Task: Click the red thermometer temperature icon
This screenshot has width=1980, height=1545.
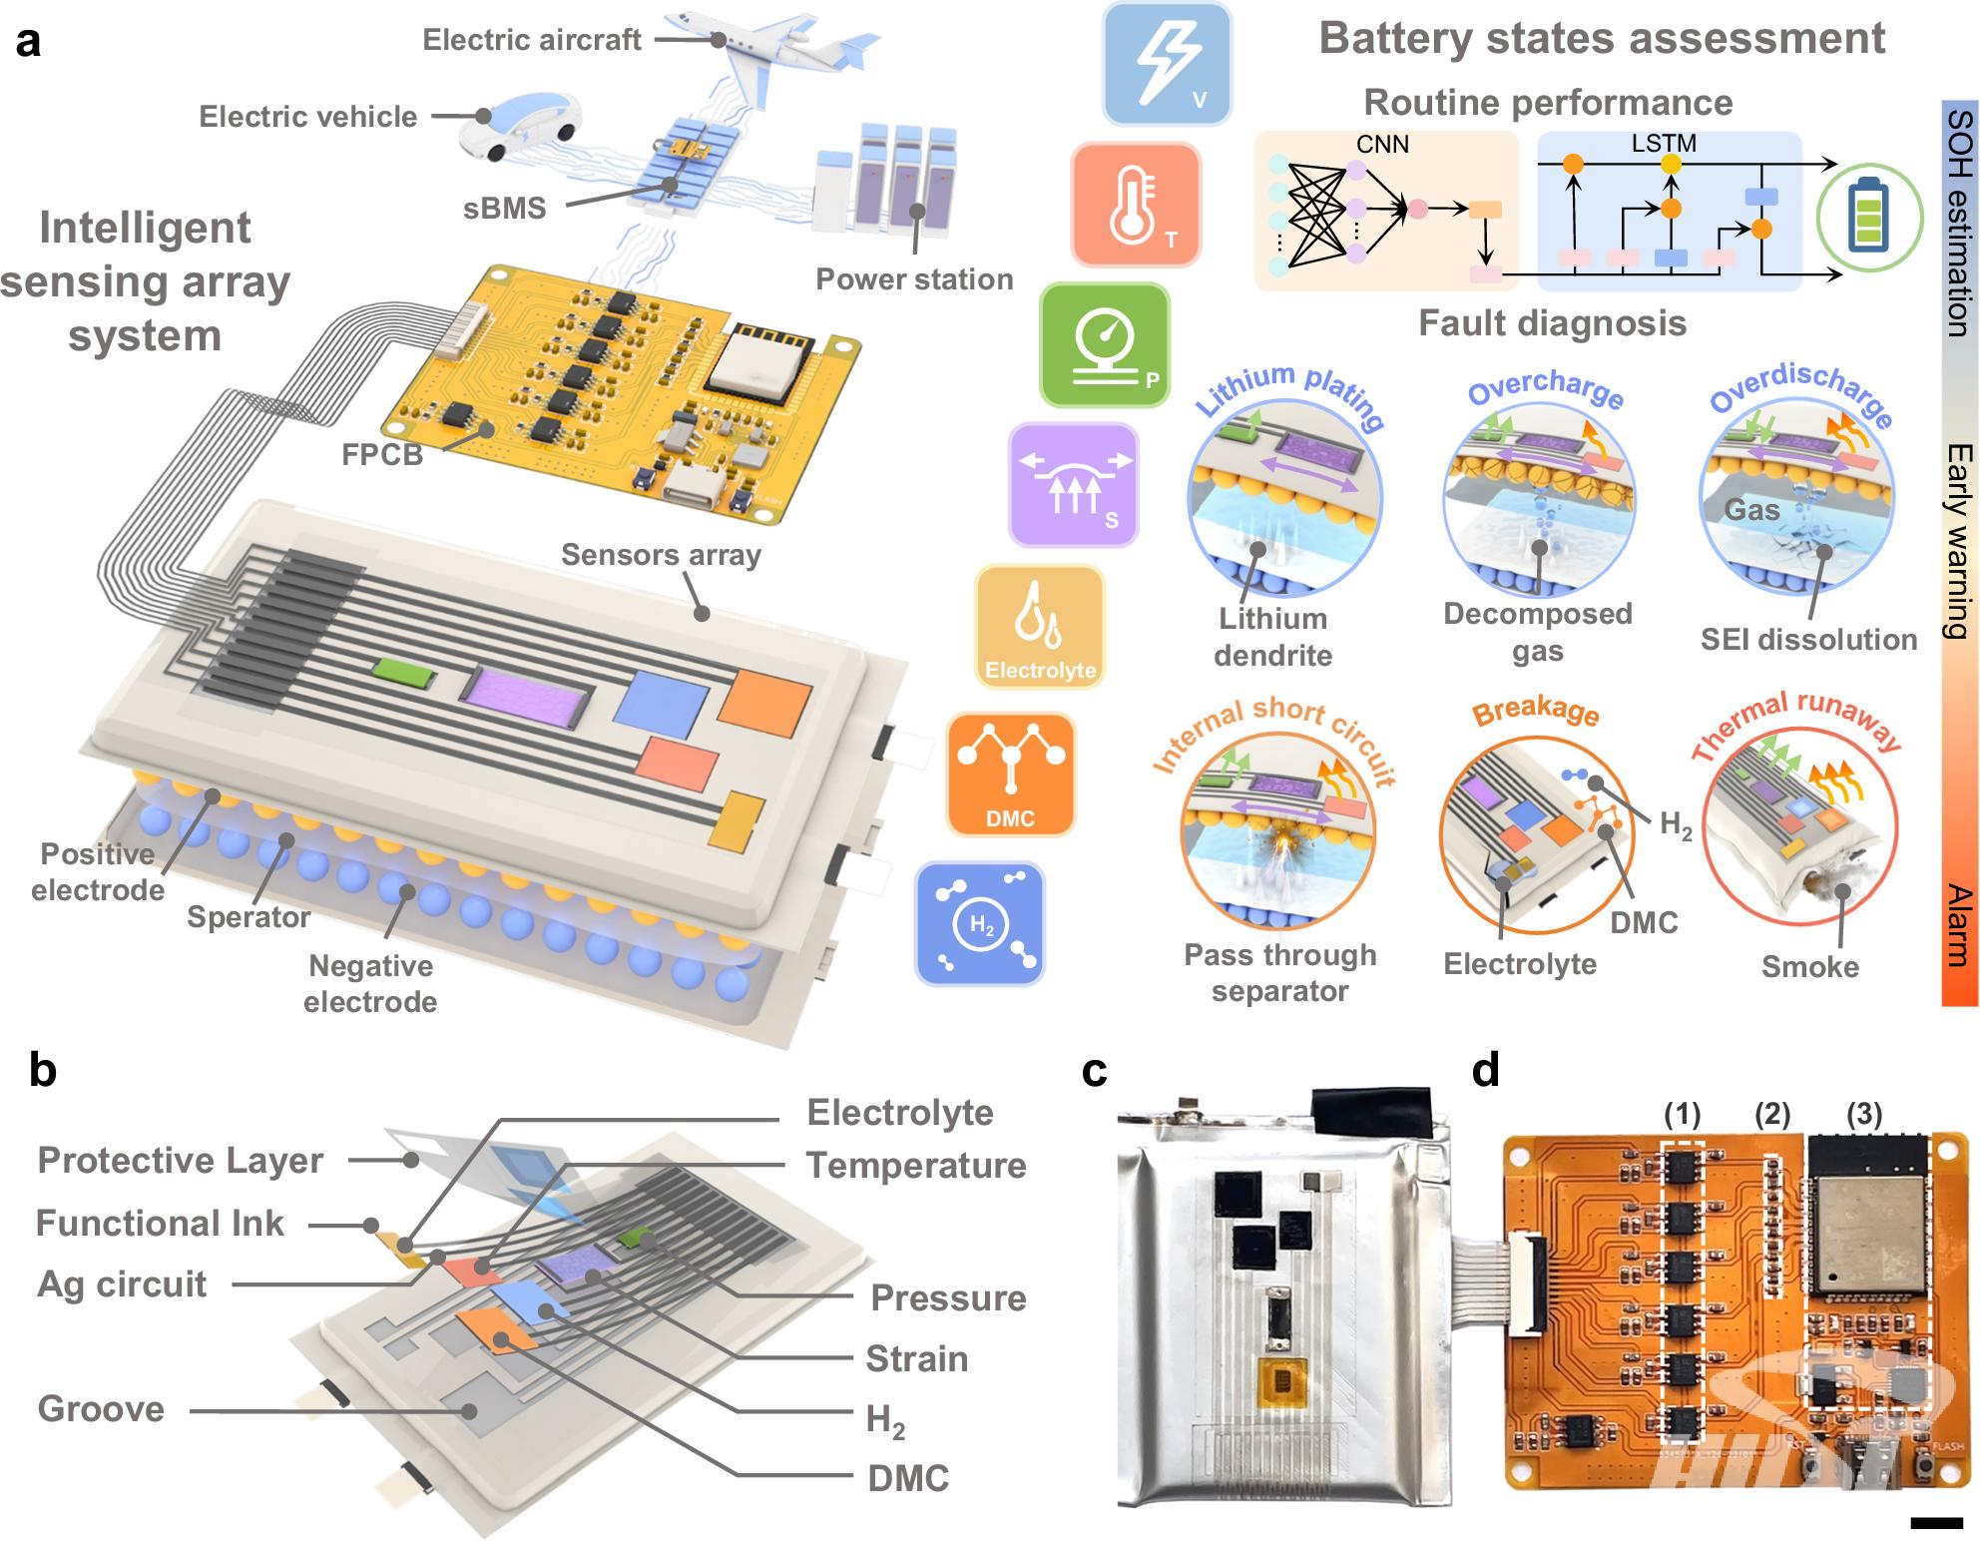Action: [x=1136, y=206]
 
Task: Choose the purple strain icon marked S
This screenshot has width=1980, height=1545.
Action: [x=1073, y=485]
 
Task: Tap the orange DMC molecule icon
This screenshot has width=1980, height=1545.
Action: [x=1011, y=773]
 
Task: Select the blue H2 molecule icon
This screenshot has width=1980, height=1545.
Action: [x=980, y=923]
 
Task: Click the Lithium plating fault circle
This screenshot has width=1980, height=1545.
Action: [x=1284, y=498]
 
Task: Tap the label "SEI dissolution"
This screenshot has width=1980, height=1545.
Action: [x=1808, y=640]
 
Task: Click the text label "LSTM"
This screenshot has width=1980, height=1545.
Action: [x=1664, y=144]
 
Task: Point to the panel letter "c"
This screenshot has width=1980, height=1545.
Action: [x=1095, y=1070]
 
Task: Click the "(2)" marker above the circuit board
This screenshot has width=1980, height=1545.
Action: [x=1771, y=1114]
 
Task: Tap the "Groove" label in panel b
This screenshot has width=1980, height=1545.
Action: [x=101, y=1409]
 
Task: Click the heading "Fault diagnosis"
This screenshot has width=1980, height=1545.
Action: [x=1553, y=323]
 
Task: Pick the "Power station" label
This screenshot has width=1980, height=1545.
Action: [x=914, y=278]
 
